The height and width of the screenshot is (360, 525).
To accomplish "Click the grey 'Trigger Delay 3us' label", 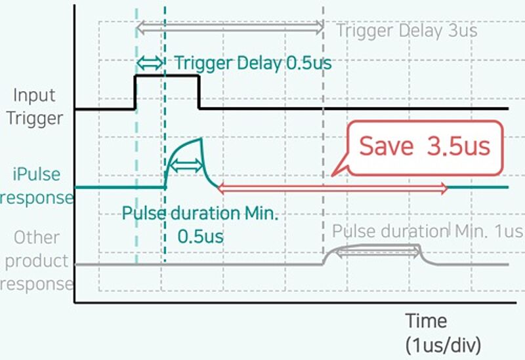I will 406,30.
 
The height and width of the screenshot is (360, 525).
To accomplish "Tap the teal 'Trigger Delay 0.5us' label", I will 253,64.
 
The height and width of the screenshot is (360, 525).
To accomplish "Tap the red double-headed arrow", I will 332,189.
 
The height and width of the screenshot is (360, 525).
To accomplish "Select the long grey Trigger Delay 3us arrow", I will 230,28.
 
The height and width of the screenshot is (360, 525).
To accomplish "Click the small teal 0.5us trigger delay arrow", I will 150,63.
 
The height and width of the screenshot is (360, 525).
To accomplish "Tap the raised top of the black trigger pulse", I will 167,76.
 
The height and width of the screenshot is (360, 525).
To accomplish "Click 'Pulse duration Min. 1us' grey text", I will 427,231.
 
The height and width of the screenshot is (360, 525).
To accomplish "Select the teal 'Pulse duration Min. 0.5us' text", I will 182,224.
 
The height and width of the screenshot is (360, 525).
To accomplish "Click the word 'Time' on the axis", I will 425,321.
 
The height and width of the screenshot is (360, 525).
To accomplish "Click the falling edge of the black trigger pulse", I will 199,92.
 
